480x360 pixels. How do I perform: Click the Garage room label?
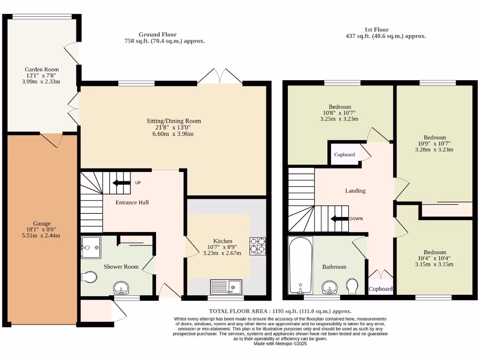42,224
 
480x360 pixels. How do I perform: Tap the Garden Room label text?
42,69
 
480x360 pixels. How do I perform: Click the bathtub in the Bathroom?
300,266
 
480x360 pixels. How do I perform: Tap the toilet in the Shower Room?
89,278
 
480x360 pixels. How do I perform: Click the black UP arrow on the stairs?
121,183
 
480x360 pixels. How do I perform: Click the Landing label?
355,191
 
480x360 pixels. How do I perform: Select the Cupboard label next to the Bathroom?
380,289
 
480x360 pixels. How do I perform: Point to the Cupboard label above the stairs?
345,155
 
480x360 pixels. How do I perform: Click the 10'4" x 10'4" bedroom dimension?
435,258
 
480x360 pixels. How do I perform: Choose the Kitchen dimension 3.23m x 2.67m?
222,253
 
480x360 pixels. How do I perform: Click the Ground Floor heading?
157,34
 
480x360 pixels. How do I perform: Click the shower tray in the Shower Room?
90,247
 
